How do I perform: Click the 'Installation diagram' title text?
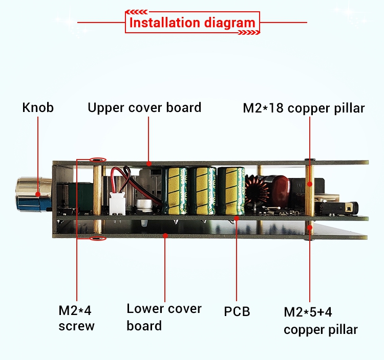click(192, 22)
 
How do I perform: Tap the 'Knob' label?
click(38, 107)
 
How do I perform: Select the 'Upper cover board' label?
click(144, 108)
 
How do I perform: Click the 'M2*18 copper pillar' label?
click(304, 108)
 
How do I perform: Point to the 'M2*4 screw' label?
click(76, 318)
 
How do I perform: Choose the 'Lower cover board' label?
click(164, 317)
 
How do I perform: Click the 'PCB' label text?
click(237, 311)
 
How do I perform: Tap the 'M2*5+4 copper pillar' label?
click(321, 321)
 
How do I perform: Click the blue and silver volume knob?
click(34, 194)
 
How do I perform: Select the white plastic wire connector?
click(118, 203)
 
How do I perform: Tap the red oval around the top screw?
click(98, 160)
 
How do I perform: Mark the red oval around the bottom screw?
click(98, 238)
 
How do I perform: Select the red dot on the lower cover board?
click(165, 236)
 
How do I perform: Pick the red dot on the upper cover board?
click(148, 163)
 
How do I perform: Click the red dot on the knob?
click(38, 194)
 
